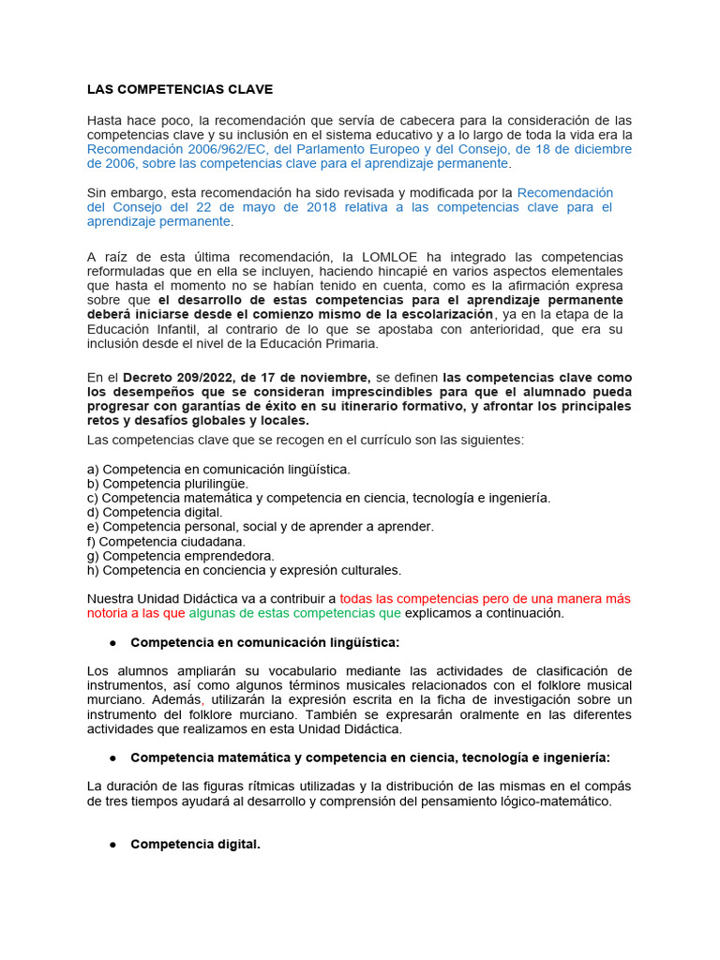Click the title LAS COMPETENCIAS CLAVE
[179, 90]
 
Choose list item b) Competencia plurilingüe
[168, 483]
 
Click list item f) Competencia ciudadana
[166, 541]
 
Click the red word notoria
[110, 613]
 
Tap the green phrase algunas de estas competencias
[282, 613]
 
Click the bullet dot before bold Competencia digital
[112, 845]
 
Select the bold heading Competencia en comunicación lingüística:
[264, 642]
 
